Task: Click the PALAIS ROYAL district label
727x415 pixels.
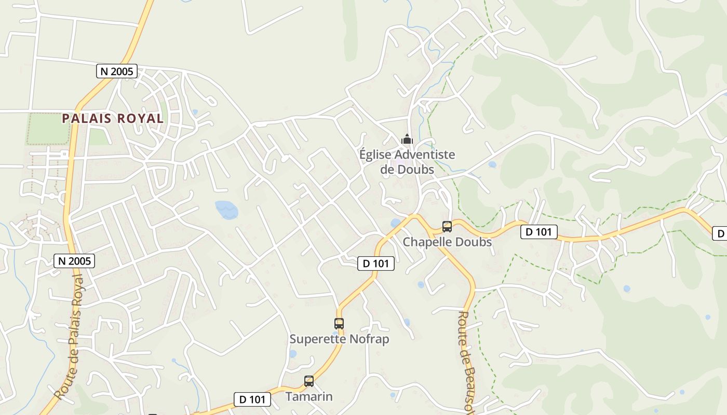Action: [113, 118]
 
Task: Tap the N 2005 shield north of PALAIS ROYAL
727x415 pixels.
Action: [117, 71]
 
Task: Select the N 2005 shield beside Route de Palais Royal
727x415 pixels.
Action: [74, 261]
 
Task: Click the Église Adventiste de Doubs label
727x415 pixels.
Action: [407, 162]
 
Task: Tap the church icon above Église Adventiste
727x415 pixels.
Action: [407, 139]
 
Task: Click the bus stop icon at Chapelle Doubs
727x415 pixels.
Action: [447, 227]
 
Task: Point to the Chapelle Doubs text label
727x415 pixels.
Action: [447, 242]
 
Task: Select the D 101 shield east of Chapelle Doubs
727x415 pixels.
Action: [538, 232]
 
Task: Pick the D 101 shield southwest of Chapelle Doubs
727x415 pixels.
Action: [376, 264]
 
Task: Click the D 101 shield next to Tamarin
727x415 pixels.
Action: [252, 399]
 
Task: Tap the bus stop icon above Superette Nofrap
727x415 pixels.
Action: [339, 324]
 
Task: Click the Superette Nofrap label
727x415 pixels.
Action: [339, 339]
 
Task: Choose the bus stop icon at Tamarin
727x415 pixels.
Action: [309, 381]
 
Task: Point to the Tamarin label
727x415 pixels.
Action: [309, 397]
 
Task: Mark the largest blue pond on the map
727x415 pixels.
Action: [227, 210]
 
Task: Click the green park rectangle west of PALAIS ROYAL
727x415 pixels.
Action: [48, 129]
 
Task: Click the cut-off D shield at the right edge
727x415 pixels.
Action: [720, 234]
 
